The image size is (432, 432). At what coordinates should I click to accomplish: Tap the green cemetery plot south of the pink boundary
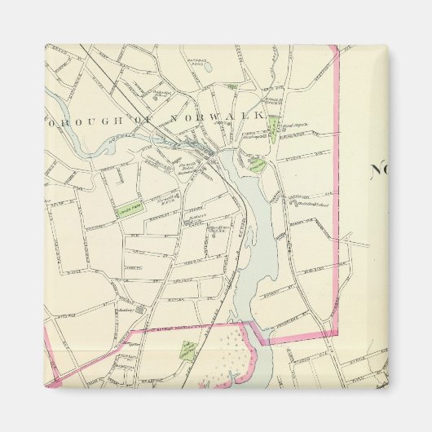pos(186,351)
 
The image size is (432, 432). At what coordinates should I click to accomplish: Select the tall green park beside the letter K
pos(274,125)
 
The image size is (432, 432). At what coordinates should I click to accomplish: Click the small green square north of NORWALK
pos(232,86)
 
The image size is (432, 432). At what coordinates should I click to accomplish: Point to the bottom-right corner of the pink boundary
pos(336,334)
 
